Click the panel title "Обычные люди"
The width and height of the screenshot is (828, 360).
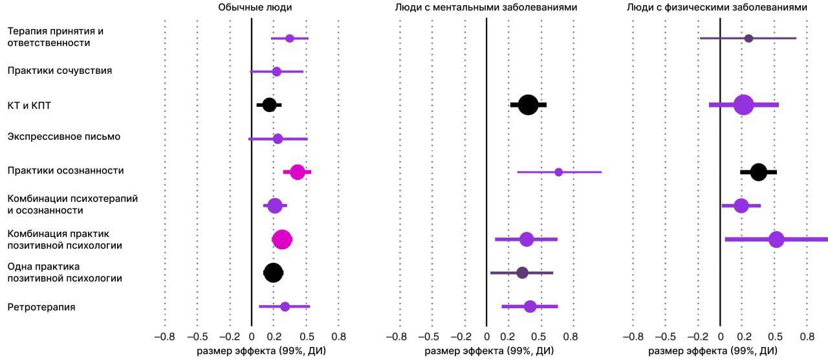click(x=255, y=7)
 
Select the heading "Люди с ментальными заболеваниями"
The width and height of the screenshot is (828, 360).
click(x=486, y=7)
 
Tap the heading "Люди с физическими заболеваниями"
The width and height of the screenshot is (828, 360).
click(x=717, y=7)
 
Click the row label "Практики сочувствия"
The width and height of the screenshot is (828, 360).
click(x=60, y=71)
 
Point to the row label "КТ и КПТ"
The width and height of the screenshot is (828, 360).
click(x=29, y=106)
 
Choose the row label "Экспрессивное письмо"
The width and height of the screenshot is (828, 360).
click(x=64, y=137)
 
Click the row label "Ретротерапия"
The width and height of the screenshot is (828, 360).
click(x=41, y=307)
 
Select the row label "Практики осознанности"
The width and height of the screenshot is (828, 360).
click(x=65, y=170)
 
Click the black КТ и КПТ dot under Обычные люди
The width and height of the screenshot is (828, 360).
click(x=269, y=105)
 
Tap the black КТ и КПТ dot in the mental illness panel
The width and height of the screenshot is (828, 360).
click(x=528, y=105)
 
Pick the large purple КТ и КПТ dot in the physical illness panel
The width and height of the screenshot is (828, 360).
click(x=743, y=105)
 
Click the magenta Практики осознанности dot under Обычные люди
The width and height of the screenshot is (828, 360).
click(x=298, y=172)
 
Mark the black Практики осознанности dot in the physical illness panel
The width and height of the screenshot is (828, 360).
click(x=759, y=172)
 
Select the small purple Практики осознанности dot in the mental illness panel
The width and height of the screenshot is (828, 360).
click(x=558, y=172)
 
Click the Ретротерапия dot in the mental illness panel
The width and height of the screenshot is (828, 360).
click(x=530, y=307)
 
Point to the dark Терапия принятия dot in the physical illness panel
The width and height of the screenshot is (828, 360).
click(x=748, y=38)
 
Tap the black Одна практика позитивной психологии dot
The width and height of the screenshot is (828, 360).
click(x=273, y=273)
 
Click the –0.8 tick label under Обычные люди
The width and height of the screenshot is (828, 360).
click(x=164, y=337)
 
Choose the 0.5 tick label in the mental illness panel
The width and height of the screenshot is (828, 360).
click(x=541, y=337)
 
